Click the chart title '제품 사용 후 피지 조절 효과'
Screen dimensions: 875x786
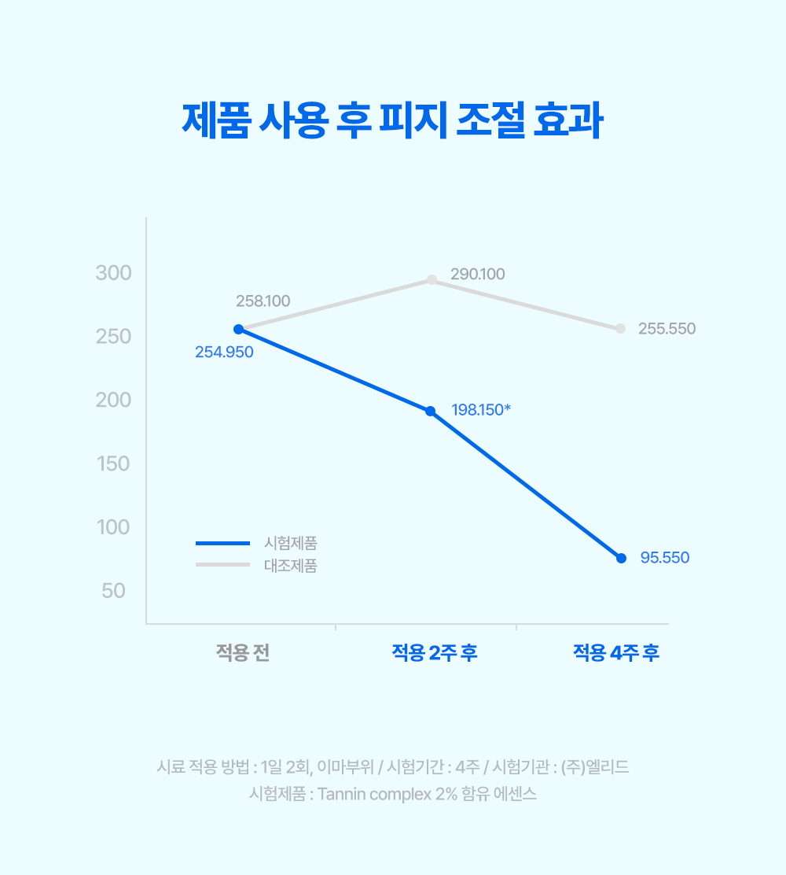392,121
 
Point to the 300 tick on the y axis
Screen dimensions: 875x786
114,273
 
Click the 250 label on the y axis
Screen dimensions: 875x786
114,337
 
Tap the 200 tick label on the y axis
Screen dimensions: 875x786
114,401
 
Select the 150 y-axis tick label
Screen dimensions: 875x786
114,463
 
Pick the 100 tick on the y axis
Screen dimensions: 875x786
114,527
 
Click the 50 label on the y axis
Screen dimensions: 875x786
114,590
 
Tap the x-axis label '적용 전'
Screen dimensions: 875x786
243,653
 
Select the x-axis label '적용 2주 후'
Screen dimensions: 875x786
435,653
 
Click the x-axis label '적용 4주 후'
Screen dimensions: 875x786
615,653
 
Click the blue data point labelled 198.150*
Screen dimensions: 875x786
430,411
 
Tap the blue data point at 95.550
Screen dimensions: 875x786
621,558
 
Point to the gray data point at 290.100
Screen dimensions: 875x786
432,279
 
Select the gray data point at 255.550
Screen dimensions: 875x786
620,328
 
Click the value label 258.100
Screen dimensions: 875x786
263,301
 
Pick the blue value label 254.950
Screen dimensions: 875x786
224,352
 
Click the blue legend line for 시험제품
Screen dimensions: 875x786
222,542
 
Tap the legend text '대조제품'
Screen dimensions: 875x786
290,565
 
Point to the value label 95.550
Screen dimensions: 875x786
664,558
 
